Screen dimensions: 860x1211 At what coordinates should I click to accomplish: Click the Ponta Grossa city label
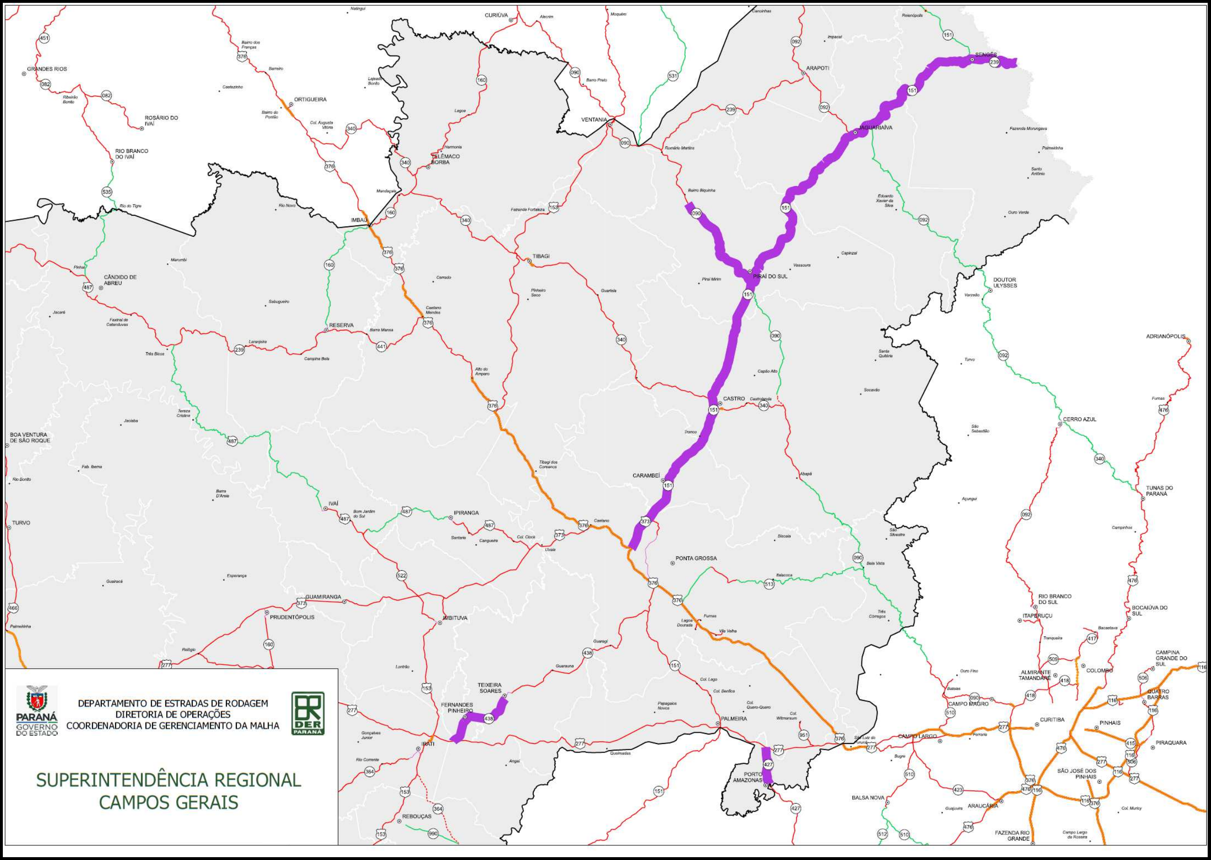coord(696,558)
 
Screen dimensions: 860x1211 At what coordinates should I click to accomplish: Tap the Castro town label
coord(734,398)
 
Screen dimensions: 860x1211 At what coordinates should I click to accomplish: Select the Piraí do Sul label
coord(771,276)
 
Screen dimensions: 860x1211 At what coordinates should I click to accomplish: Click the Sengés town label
coord(986,55)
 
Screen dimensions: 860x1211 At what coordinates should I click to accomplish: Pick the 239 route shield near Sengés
coord(994,63)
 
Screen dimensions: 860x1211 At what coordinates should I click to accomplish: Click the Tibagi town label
coord(541,256)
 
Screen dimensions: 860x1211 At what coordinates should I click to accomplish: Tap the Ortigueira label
coord(310,99)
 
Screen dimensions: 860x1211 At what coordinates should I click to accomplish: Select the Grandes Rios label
coord(47,69)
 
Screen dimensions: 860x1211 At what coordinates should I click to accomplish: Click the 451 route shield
coord(45,38)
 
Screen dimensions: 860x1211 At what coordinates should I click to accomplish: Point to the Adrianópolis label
coord(1166,336)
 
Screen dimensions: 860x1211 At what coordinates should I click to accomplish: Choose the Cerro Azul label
coord(1080,419)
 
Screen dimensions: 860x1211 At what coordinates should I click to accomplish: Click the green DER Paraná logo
coord(308,713)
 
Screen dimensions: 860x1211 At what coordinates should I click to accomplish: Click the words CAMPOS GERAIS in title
coord(169,802)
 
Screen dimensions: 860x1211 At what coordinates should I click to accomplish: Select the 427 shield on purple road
coord(768,765)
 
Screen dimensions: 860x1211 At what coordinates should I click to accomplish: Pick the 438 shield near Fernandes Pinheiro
coord(488,718)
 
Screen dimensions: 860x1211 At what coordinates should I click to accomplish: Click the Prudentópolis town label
coord(292,617)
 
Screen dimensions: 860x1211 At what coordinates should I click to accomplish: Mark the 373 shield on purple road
coord(645,521)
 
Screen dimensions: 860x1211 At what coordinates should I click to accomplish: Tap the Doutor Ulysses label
coord(1005,283)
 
